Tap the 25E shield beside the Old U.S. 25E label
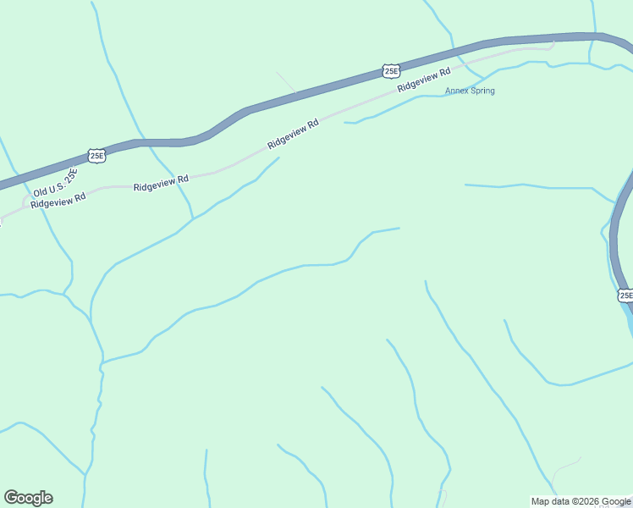coord(96,155)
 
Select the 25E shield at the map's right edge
coord(625,295)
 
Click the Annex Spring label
coord(470,91)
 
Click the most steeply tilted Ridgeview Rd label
coord(293,134)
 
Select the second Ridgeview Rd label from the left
coord(160,183)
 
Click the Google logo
coord(28,498)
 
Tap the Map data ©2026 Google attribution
coord(581,501)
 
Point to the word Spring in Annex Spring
coord(481,91)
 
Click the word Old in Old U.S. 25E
coord(41,192)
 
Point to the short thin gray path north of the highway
coord(286,81)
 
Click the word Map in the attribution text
coord(539,501)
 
